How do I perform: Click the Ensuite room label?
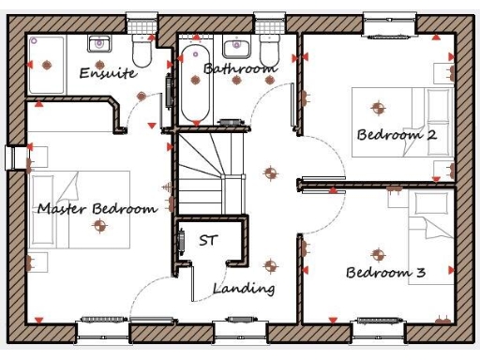point(108,72)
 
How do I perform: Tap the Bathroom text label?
point(240,68)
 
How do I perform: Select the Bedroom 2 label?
point(397,135)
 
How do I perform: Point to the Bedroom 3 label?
point(385,273)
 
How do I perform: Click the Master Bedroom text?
point(97,208)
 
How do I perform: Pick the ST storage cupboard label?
point(207,240)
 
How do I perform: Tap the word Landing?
point(244,289)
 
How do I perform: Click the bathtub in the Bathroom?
point(195,84)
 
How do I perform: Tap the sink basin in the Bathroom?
point(233,47)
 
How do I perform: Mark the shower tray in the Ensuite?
point(46,64)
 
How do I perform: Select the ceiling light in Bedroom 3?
point(378,253)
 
